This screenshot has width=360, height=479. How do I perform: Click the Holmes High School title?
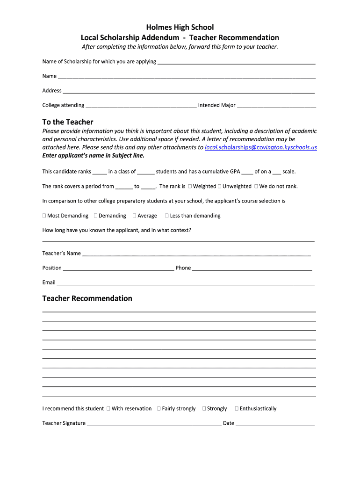[180, 27]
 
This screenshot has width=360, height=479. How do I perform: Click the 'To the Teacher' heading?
[68, 122]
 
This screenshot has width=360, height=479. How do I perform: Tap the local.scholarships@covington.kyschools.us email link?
[261, 147]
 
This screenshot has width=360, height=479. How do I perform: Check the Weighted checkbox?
[190, 186]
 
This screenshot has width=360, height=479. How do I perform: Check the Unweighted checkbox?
[220, 186]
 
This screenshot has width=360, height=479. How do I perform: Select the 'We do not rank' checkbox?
[256, 186]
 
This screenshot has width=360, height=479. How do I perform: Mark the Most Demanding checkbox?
[44, 216]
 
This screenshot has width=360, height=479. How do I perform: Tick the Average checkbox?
[135, 216]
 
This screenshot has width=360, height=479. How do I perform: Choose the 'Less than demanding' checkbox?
[167, 216]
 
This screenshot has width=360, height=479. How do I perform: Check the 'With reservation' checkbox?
[108, 408]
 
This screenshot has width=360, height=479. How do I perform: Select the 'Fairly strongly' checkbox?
[159, 408]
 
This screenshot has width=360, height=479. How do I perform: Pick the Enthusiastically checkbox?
[237, 408]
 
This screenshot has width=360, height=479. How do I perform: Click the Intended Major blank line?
[276, 106]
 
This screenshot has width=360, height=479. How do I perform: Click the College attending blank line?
[141, 106]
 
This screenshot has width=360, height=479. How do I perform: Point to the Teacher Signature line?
[154, 424]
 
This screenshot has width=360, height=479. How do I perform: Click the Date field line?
[275, 424]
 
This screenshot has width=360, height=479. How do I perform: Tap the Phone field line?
[252, 269]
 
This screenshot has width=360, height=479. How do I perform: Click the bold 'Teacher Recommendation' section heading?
[87, 298]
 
